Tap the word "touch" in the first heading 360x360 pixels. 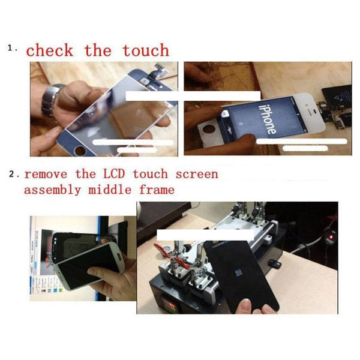pos(146,50)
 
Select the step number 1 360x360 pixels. pos(13,47)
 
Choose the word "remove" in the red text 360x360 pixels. pos(44,174)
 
